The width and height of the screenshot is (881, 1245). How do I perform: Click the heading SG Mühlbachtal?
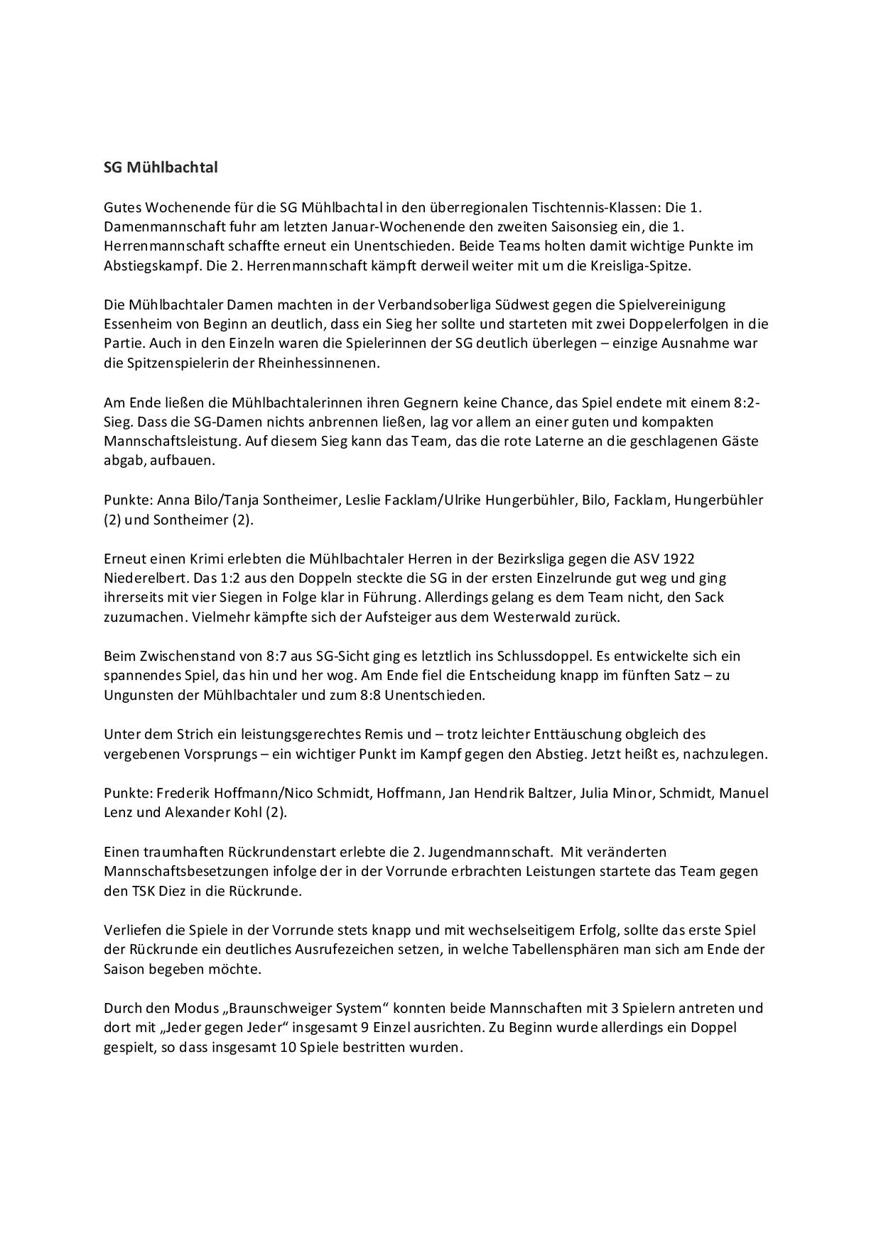161,168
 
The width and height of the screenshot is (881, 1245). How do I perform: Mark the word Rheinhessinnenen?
325,363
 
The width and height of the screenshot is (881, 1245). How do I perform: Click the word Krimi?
205,559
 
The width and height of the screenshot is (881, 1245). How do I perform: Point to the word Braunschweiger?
278,1008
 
